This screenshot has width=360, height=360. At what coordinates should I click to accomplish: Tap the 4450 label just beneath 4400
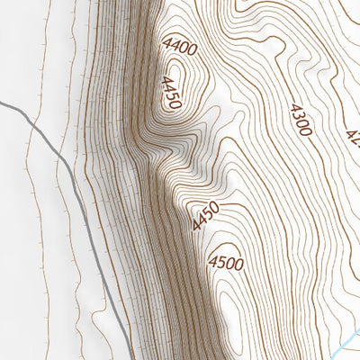click(x=170, y=92)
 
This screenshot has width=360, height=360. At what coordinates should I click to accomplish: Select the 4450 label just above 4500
click(x=206, y=216)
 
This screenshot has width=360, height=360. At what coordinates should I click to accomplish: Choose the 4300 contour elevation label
click(x=300, y=120)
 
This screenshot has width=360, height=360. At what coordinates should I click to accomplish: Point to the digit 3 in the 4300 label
click(x=296, y=115)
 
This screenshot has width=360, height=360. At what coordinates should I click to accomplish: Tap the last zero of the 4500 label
click(x=238, y=264)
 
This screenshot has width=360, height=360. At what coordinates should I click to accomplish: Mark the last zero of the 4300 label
click(x=306, y=131)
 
